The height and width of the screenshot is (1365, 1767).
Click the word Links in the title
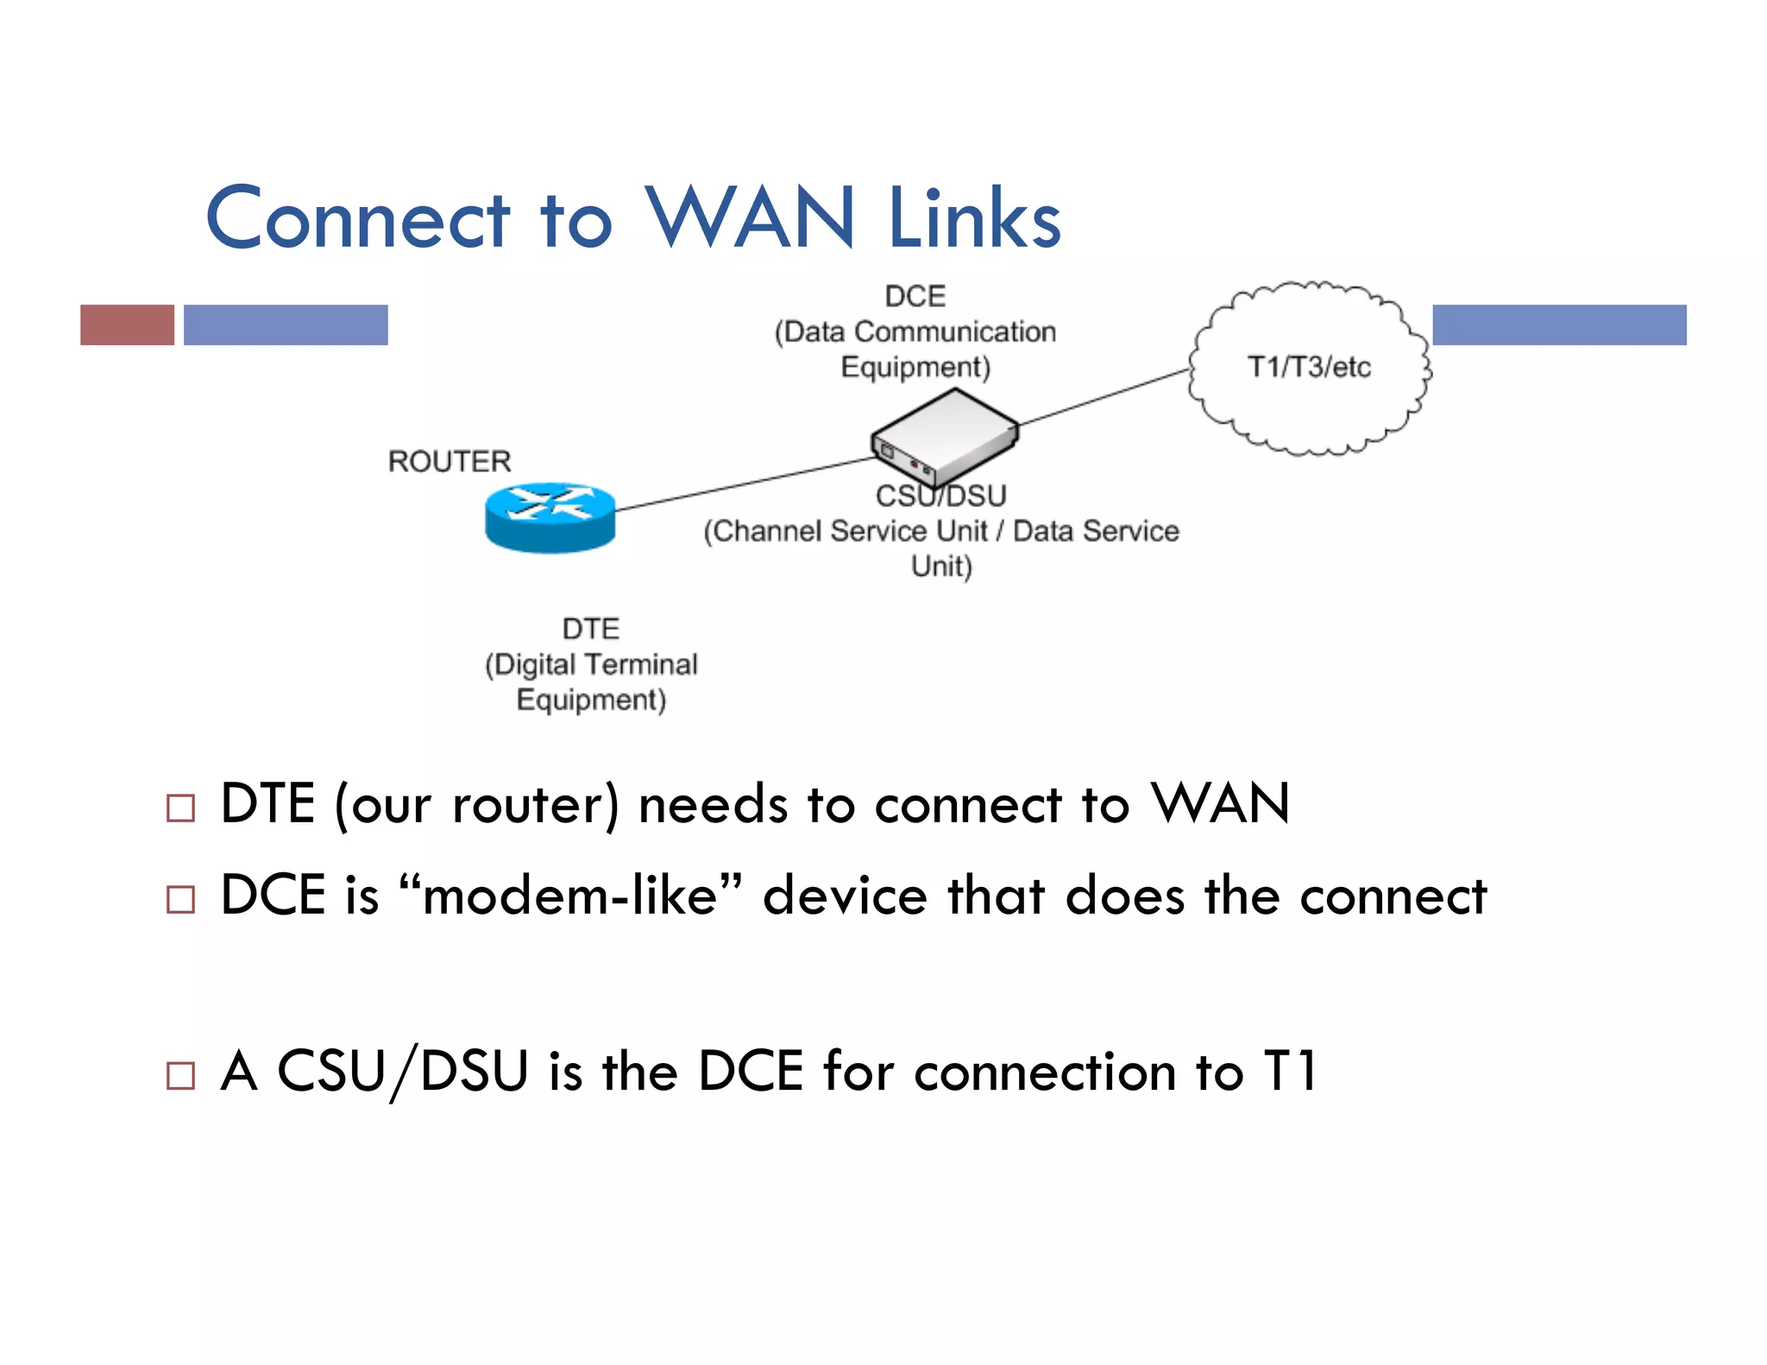[974, 219]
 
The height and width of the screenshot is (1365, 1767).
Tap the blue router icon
[550, 517]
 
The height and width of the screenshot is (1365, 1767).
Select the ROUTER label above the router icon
[450, 462]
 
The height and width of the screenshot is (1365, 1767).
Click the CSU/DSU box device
[945, 436]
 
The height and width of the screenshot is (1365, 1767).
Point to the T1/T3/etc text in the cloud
[1309, 367]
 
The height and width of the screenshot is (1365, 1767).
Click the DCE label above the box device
[915, 297]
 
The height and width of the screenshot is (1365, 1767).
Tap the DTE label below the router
[591, 629]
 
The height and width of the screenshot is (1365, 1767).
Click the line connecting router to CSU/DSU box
[742, 484]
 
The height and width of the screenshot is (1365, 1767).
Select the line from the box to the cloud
[1104, 398]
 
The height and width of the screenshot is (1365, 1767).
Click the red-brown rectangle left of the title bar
[127, 325]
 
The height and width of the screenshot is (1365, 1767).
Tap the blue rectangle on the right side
[1559, 325]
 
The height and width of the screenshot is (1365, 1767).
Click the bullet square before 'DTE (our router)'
[180, 808]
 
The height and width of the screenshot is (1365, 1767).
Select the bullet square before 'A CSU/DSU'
[180, 1076]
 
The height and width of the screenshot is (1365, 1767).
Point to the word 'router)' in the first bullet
[535, 805]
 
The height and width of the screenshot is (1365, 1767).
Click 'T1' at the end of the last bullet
[1290, 1072]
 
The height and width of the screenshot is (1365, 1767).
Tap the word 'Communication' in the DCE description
[955, 332]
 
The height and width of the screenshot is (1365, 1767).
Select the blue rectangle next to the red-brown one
[286, 325]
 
